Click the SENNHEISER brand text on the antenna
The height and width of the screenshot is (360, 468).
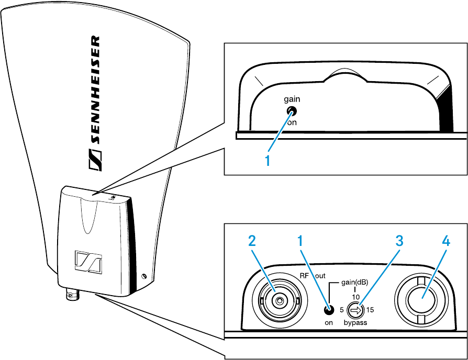93,103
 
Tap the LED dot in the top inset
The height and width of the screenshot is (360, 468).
291,111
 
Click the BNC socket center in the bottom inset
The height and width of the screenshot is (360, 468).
280,301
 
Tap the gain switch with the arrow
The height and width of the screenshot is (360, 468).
355,310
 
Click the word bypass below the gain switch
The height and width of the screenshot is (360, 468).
355,323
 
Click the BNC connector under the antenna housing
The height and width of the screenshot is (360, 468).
71,296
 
